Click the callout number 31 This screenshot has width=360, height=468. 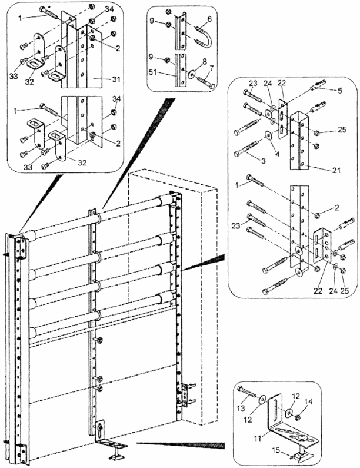pyautogui.click(x=116, y=79)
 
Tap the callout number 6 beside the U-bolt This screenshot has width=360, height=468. pyautogui.click(x=209, y=19)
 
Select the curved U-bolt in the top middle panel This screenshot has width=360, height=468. pyautogui.click(x=205, y=38)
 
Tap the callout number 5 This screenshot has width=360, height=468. pyautogui.click(x=340, y=91)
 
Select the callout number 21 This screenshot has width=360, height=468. pyautogui.click(x=336, y=171)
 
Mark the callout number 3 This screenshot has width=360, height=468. pyautogui.click(x=263, y=161)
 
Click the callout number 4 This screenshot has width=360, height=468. pyautogui.click(x=277, y=154)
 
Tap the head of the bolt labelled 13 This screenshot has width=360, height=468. pyautogui.click(x=240, y=389)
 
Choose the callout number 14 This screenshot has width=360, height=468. pyautogui.click(x=308, y=402)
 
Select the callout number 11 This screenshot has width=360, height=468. pyautogui.click(x=258, y=438)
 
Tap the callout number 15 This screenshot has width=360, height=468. pyautogui.click(x=276, y=450)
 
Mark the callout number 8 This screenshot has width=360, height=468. pyautogui.click(x=204, y=62)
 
